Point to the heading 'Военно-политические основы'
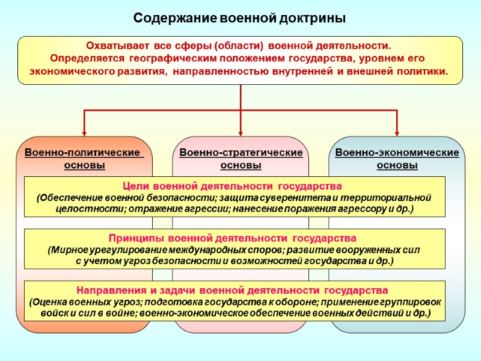click(x=84, y=159)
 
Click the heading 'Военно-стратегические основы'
click(x=240, y=159)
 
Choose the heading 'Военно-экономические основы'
click(x=397, y=159)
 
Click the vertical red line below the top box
click(x=240, y=96)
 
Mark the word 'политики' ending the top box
click(x=426, y=71)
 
